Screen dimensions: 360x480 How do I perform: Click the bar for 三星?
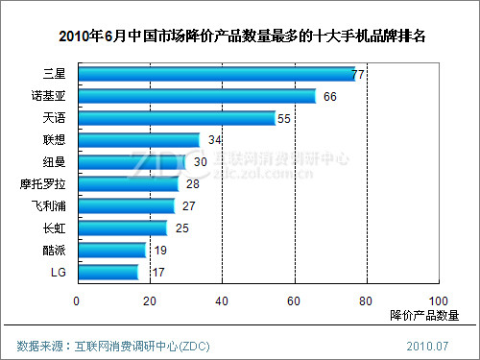[216, 74]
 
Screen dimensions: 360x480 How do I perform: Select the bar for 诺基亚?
[197, 96]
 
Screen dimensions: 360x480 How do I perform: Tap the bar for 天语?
[177, 118]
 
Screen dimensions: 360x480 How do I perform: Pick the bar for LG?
[108, 273]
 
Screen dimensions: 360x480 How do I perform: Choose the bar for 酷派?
[111, 251]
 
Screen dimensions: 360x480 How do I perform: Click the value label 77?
[360, 74]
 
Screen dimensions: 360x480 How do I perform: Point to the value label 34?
[214, 140]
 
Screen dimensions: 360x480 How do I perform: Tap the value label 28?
[192, 184]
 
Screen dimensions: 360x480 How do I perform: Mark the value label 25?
[181, 228]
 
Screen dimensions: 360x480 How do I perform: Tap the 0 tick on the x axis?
[78, 300]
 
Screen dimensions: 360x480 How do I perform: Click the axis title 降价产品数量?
[424, 315]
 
